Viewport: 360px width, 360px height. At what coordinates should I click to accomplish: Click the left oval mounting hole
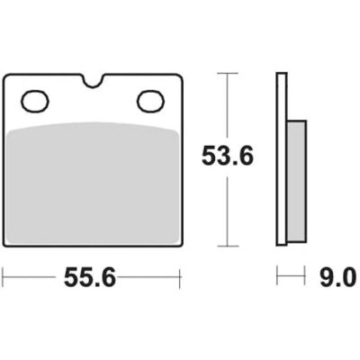coord(35,101)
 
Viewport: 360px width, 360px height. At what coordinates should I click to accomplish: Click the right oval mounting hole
coord(150,101)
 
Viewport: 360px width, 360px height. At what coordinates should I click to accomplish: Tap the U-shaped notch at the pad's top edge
coord(93,81)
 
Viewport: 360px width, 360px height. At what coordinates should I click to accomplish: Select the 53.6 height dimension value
coord(228,156)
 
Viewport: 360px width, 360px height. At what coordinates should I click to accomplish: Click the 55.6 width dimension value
coord(90,277)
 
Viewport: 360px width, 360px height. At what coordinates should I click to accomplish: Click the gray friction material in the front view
coord(93,184)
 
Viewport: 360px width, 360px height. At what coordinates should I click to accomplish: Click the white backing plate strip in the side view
coord(282,159)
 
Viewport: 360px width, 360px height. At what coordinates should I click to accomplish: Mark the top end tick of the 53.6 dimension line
coord(228,73)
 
